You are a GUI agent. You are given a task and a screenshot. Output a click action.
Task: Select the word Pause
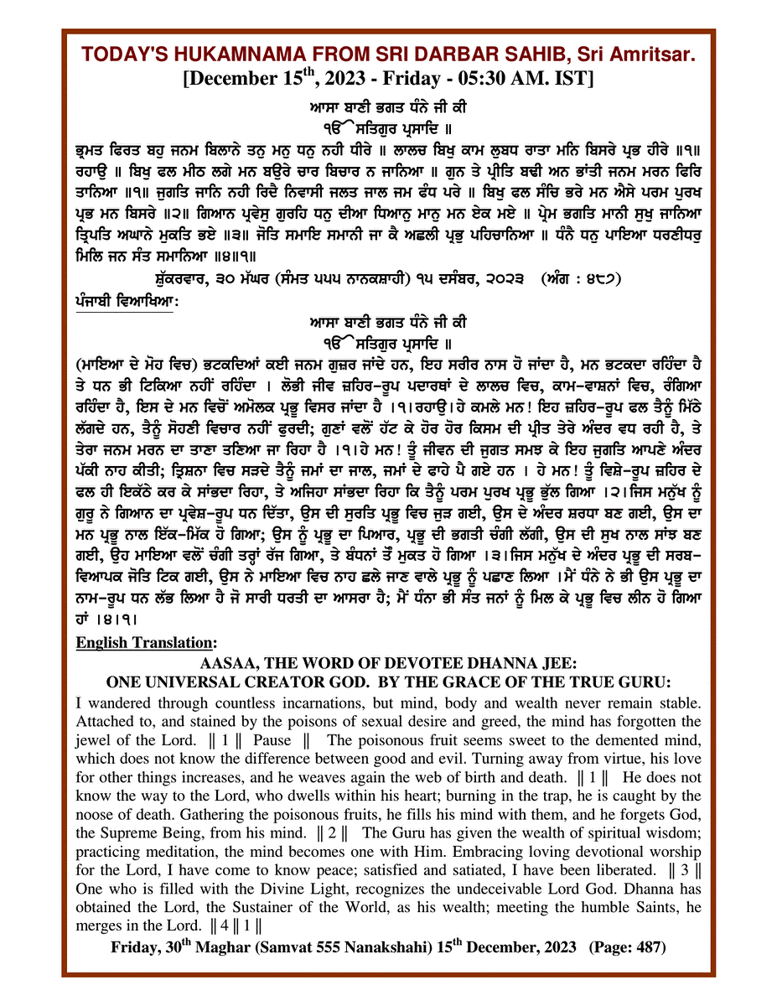point(275,740)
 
